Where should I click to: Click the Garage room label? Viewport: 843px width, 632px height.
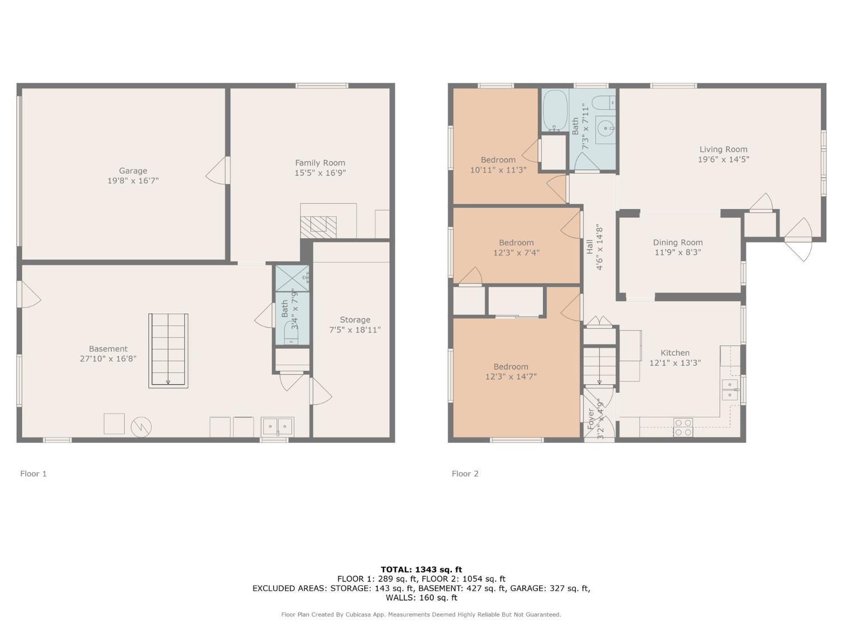133,171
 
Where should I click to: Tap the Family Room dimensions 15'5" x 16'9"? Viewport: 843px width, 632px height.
320,173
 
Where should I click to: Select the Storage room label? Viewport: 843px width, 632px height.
355,320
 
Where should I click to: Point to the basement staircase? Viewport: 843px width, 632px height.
168,351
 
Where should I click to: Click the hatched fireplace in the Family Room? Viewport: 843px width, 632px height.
319,227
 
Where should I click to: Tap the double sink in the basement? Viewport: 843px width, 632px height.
277,427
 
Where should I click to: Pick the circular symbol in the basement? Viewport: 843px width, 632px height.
141,427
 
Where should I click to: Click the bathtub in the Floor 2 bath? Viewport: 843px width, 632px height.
555,111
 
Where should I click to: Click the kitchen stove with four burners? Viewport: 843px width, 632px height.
683,428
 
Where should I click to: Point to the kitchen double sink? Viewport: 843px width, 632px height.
730,389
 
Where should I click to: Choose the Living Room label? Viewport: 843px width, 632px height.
723,149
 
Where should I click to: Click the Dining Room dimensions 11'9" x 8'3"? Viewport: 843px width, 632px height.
677,252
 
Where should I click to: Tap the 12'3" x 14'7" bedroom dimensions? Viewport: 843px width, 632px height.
511,377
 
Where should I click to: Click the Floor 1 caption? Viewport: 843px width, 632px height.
33,474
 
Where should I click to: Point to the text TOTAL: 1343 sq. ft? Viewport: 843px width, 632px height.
422,570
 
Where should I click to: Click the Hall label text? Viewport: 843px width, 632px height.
590,247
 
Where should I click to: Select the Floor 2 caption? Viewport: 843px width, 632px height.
465,474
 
